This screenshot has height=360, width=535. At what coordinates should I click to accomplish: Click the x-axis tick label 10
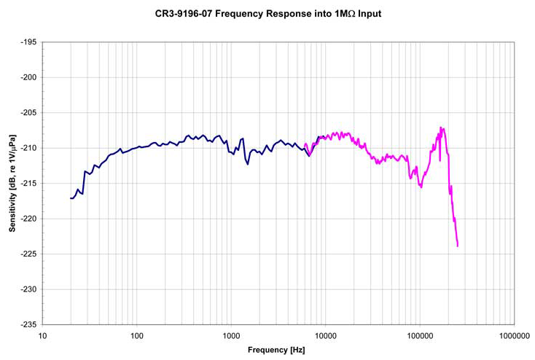(43, 336)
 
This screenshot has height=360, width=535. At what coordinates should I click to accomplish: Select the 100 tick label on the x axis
(136, 336)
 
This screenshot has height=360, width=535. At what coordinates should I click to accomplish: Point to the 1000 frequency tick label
(231, 336)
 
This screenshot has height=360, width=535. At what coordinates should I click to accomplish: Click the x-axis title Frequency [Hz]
(276, 350)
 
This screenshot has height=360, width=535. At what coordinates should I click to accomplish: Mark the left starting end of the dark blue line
(71, 198)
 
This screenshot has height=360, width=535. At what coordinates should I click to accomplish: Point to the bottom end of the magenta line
(458, 246)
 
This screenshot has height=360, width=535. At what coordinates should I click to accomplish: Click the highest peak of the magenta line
(442, 128)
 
